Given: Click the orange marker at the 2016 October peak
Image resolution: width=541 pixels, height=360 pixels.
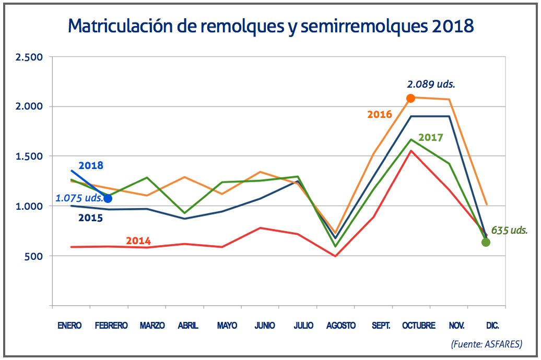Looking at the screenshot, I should click(x=410, y=98).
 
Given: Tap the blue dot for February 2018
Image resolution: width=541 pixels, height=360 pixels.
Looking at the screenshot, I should click(x=108, y=198).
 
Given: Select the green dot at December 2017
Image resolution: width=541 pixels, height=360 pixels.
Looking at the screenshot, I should click(x=486, y=242).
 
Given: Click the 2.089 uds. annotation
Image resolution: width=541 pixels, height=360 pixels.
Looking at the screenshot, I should click(x=434, y=84).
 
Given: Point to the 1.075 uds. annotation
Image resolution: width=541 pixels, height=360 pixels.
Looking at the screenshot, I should click(x=79, y=199).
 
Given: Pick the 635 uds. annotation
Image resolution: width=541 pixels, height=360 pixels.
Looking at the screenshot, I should click(x=509, y=230).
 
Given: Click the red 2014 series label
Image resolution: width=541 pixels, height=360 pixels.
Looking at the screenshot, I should click(x=138, y=241).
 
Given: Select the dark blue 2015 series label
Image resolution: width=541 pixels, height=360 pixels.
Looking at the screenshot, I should click(x=90, y=218).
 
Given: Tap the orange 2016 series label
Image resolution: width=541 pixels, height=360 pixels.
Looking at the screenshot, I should click(x=380, y=114).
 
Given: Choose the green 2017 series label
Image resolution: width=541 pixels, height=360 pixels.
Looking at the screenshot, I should click(x=430, y=138).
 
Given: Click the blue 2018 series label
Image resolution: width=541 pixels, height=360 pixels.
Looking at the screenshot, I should click(x=91, y=166).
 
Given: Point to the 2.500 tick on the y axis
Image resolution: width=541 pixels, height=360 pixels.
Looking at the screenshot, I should click(x=29, y=57).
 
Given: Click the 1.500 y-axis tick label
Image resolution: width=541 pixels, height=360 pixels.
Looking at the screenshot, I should click(x=29, y=157).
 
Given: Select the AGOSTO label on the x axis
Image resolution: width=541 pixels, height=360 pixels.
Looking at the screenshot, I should click(x=341, y=326).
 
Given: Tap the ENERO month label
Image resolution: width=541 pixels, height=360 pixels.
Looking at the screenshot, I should click(x=69, y=326).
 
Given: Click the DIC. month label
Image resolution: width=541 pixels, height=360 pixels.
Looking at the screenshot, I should click(x=492, y=326).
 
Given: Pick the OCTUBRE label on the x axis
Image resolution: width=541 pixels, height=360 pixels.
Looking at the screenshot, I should click(x=418, y=326).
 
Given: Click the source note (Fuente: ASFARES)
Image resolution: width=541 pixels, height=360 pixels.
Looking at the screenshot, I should click(x=486, y=344).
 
